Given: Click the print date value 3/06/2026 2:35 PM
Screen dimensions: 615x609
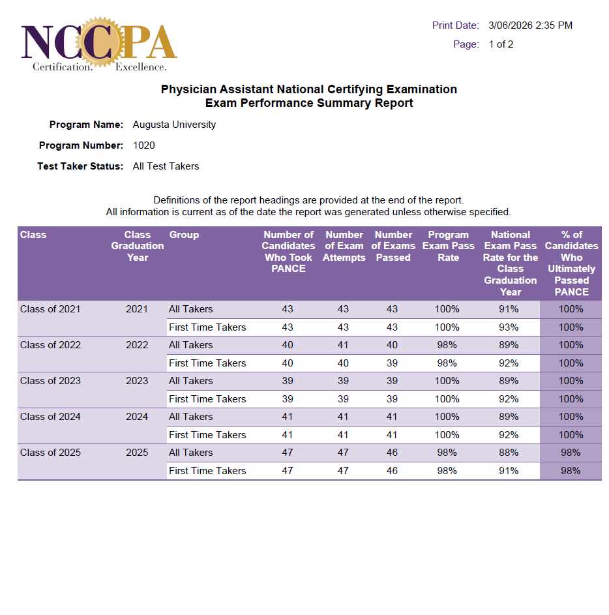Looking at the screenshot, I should pyautogui.click(x=530, y=25).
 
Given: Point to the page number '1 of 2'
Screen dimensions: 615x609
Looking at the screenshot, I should pyautogui.click(x=501, y=44).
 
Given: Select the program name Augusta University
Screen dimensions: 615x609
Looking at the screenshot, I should pyautogui.click(x=174, y=125).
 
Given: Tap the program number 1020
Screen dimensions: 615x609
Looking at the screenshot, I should pyautogui.click(x=143, y=145).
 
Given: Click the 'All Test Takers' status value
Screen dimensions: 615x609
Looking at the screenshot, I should pyautogui.click(x=166, y=166).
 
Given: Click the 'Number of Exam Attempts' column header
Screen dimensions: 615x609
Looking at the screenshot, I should pyautogui.click(x=344, y=246).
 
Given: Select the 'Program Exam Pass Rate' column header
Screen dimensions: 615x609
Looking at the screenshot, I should pyautogui.click(x=448, y=246).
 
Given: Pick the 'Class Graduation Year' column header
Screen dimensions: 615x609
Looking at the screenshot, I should pyautogui.click(x=138, y=246).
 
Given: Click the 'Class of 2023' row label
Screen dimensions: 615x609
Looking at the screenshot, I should pyautogui.click(x=50, y=381).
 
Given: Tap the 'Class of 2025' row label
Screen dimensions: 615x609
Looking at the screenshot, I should pyautogui.click(x=50, y=453).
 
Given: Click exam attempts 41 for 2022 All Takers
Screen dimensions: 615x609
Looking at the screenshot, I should pyautogui.click(x=343, y=345).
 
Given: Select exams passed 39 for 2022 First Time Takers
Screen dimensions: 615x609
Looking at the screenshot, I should pyautogui.click(x=392, y=363).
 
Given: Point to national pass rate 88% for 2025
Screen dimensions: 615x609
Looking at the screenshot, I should pyautogui.click(x=509, y=453).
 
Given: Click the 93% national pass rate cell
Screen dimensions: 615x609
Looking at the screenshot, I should pyautogui.click(x=509, y=327).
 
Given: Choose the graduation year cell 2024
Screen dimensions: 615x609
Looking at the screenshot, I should pyautogui.click(x=137, y=417).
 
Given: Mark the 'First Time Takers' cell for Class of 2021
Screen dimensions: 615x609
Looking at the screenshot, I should pyautogui.click(x=207, y=327).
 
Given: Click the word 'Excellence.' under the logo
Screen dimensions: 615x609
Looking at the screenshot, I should pyautogui.click(x=141, y=67).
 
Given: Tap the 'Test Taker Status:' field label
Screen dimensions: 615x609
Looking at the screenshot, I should pyautogui.click(x=80, y=166).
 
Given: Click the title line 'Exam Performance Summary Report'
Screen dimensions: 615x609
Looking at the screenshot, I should pyautogui.click(x=309, y=103).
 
